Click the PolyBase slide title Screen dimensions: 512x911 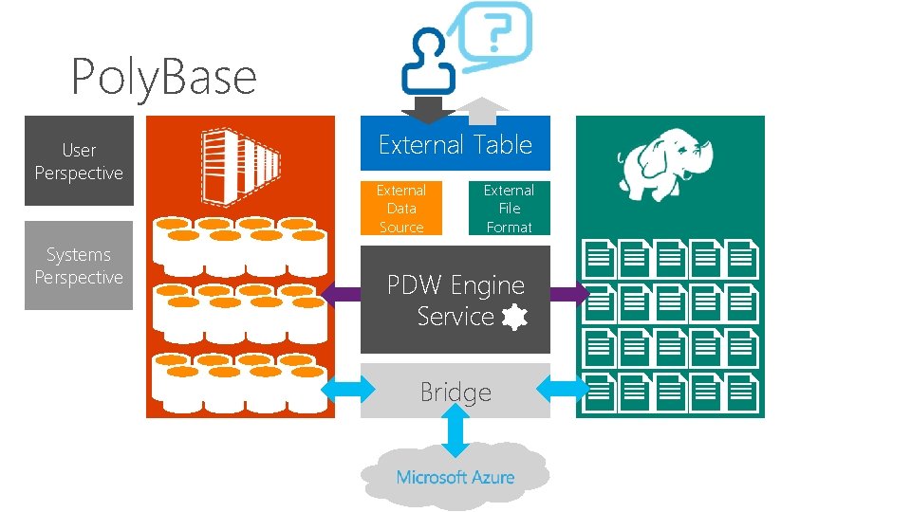pos(164,76)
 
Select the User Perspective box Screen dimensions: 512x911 pos(79,161)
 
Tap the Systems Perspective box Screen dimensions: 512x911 pos(79,265)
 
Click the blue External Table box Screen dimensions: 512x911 pos(455,144)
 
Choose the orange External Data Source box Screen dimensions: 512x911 pos(401,209)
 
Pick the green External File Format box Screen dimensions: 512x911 pos(510,209)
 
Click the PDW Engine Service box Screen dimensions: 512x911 pos(455,300)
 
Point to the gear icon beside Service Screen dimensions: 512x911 pos(513,318)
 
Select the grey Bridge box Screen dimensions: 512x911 pos(455,391)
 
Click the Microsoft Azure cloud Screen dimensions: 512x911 pos(455,477)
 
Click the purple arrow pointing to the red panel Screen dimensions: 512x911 pos(341,295)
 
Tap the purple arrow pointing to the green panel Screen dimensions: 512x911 pos(569,295)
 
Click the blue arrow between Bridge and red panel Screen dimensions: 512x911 pos(348,388)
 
